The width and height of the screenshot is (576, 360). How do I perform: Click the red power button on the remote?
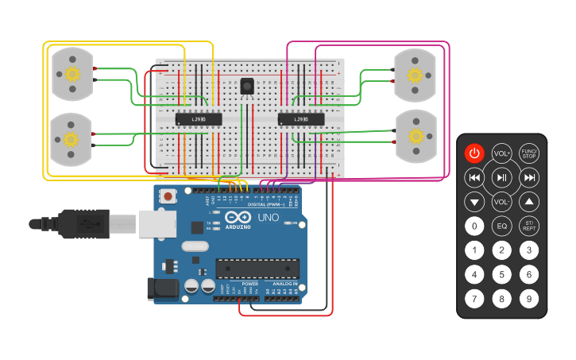474,153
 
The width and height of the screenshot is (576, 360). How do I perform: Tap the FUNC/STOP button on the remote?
529,153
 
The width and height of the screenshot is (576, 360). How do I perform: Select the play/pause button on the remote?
501,177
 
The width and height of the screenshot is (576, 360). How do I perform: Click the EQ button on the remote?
501,226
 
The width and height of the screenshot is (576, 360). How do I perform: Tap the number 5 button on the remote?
501,275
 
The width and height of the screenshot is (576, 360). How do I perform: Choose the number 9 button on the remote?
529,300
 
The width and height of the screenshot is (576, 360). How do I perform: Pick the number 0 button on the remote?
474,226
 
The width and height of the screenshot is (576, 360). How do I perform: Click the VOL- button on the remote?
501,202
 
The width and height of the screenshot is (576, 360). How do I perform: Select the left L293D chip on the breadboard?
198,119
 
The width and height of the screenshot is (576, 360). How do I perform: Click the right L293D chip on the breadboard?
301,119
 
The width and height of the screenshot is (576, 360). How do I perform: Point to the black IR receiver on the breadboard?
246,86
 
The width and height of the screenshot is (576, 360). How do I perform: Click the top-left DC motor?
72,74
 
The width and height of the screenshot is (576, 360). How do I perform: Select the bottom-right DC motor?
416,137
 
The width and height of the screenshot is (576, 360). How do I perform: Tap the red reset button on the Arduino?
168,195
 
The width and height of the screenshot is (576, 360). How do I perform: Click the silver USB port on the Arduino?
157,224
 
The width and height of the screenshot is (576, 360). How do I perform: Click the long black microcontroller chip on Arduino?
257,269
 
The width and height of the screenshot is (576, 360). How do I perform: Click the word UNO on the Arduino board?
269,217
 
